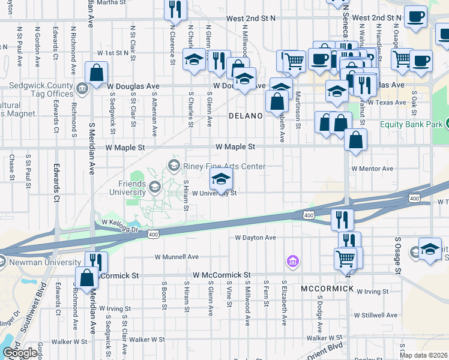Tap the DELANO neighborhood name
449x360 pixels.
coord(246,115)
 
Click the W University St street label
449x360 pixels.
coord(214,193)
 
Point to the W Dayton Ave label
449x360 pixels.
coord(255,238)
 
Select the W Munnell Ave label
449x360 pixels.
coord(176,257)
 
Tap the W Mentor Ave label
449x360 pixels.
coord(372,169)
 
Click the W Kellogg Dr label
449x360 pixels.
coord(120,223)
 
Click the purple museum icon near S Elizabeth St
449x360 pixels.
coord(292,262)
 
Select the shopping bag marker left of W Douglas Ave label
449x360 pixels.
coord(97,73)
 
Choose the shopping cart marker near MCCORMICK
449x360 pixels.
coord(346,259)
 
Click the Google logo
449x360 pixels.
coord(19,353)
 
